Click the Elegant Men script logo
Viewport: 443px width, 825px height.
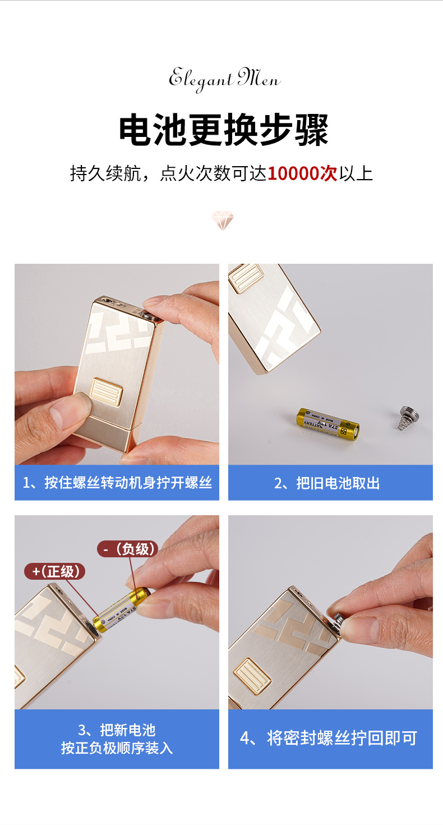click(224, 79)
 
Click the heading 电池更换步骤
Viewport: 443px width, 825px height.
click(223, 130)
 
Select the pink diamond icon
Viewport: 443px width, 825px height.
click(222, 220)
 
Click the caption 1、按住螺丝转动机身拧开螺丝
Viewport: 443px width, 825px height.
click(117, 483)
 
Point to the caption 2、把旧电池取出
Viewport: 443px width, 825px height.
click(330, 483)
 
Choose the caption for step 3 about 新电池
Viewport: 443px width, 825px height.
click(117, 739)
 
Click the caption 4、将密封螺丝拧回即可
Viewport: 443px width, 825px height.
click(330, 738)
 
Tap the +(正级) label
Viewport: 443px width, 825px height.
click(54, 571)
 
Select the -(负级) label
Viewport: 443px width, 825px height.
click(127, 548)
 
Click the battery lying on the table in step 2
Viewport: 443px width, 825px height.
click(328, 423)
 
